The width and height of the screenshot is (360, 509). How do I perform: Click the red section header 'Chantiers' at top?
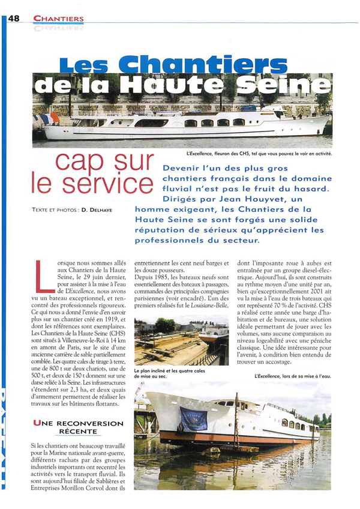(x=59, y=19)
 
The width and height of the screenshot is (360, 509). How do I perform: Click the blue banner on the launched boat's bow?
(x=193, y=418)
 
